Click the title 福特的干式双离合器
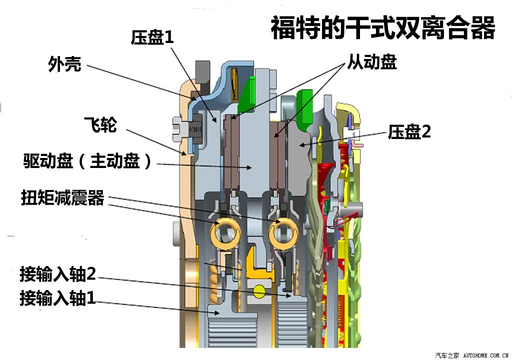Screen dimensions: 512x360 coord(382,28)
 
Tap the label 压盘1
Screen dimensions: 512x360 coord(152,37)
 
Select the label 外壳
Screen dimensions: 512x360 coord(64,63)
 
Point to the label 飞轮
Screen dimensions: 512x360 coord(100,124)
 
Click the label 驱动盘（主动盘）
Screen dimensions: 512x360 coord(87,160)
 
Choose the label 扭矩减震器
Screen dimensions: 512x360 coord(62,197)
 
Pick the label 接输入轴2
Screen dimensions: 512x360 coord(58,274)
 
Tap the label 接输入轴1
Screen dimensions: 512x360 coord(58,298)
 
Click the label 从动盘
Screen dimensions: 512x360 coord(372,61)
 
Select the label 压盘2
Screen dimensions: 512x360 coord(409,132)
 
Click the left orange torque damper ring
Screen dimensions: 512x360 coord(225,233)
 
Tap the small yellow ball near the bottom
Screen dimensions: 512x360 coord(259,291)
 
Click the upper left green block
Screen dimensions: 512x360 coord(247,94)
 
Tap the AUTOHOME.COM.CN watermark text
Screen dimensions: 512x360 coord(485,355)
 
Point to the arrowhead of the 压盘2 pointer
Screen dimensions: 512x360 coord(303,144)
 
